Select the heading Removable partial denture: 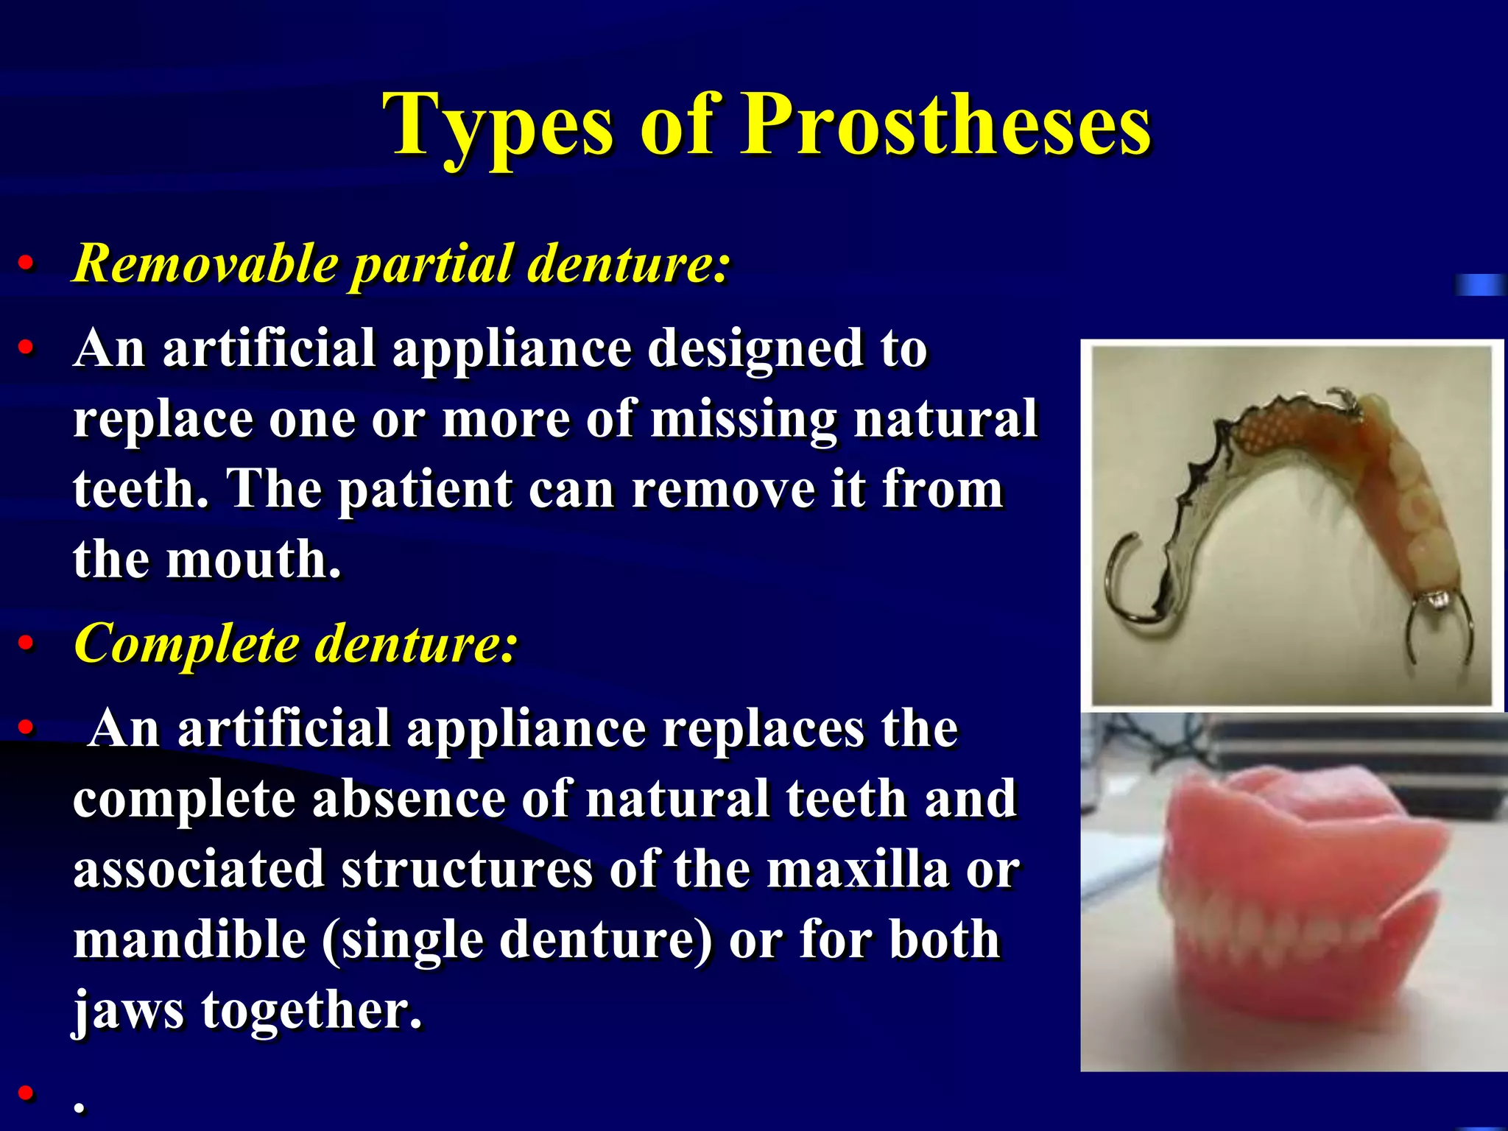[401, 263]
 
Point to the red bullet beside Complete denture [27, 644]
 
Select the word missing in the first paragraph [744, 419]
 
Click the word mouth [254, 560]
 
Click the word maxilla [857, 870]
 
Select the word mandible [190, 940]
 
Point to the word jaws [128, 1010]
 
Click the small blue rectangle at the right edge [1479, 284]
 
